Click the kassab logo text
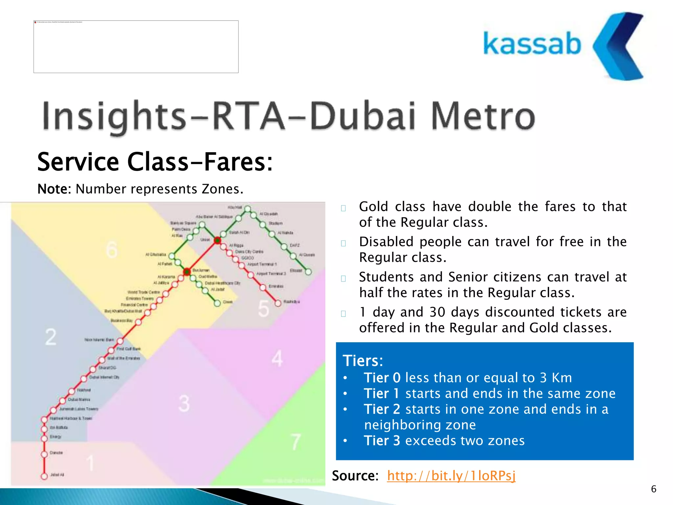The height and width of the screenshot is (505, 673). [532, 44]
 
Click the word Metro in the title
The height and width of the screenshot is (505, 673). [483, 116]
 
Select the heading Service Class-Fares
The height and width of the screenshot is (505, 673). [155, 162]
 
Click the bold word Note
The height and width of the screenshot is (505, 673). [54, 189]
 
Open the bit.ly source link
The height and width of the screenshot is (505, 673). [451, 476]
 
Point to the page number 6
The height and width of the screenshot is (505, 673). [653, 489]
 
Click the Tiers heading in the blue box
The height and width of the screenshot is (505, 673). [363, 361]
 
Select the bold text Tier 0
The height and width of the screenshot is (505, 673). [382, 378]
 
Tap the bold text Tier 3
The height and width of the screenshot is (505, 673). [382, 441]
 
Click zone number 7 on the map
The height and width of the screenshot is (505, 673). [295, 442]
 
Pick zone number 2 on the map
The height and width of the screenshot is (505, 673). [51, 337]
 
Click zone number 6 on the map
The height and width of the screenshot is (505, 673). [112, 250]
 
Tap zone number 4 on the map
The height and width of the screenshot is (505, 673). [277, 358]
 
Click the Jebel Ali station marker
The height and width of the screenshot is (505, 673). [44, 476]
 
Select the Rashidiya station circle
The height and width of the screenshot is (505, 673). [278, 303]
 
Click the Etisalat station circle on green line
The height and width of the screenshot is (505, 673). [308, 272]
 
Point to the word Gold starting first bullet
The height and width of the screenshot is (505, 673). [373, 207]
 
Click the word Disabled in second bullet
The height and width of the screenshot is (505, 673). [386, 242]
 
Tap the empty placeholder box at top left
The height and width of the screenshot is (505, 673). [136, 47]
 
